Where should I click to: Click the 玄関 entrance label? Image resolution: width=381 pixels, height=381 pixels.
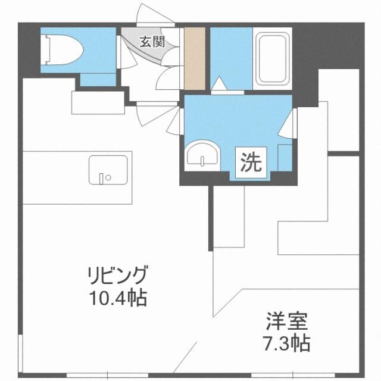click(x=152, y=42)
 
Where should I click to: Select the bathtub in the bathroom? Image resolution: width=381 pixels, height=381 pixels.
click(x=272, y=58)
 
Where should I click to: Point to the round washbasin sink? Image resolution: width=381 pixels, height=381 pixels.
click(x=203, y=155)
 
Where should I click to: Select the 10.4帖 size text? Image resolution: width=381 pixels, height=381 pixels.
click(x=117, y=297)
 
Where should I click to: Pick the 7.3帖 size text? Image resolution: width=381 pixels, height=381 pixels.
click(x=286, y=343)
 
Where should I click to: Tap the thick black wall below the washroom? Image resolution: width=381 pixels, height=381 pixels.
click(x=238, y=180)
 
